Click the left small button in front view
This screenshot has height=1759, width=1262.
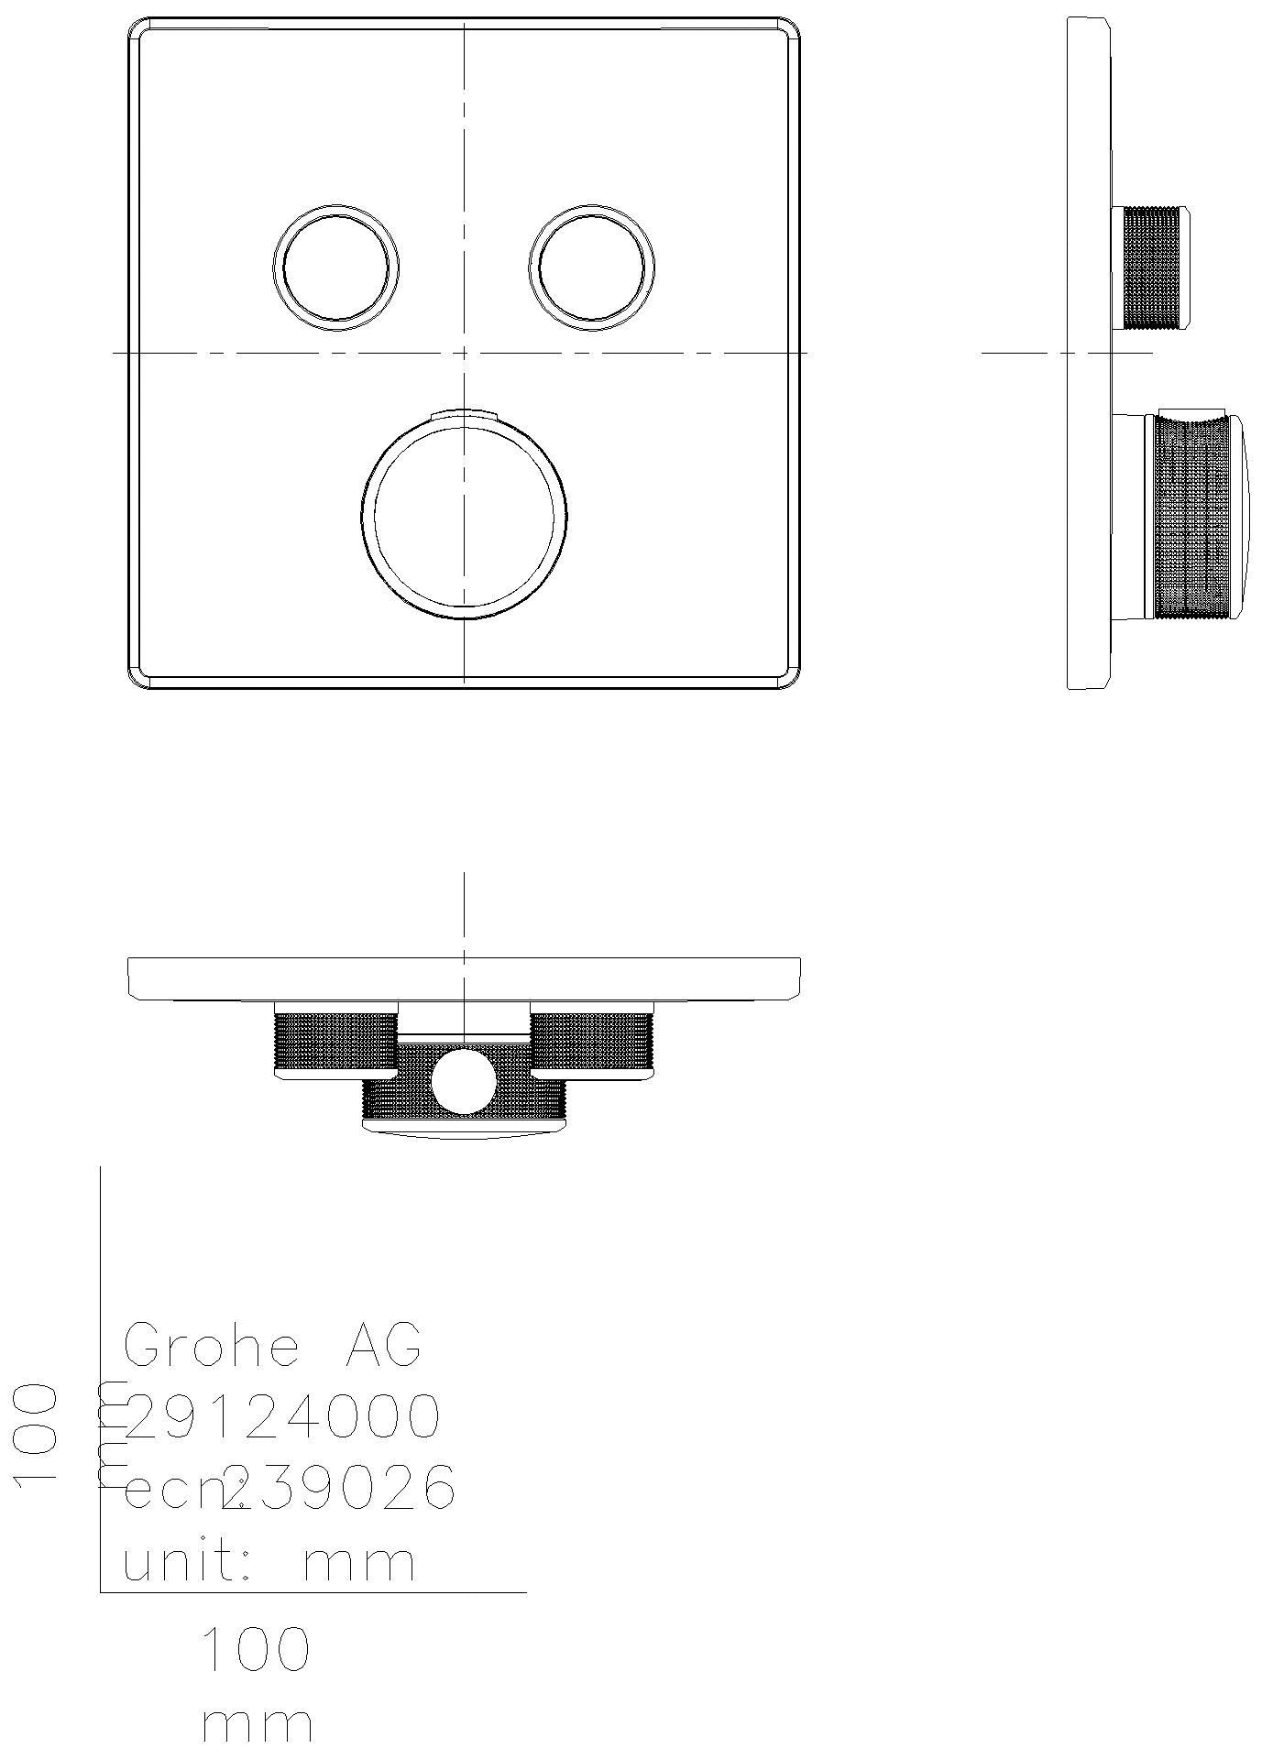coord(336,267)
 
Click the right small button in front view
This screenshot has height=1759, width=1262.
coord(592,267)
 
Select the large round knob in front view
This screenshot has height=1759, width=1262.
coord(464,517)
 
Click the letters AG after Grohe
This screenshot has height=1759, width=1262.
coord(383,1346)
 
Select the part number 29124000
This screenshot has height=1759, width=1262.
coord(282,1416)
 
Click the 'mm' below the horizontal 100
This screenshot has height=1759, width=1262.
coord(258,1724)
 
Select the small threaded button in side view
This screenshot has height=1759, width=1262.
coord(1152,268)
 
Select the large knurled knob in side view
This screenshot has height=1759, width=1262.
coord(1191,517)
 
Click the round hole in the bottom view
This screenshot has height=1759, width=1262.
coord(464,1082)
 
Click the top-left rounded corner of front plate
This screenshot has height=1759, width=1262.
coord(139,29)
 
